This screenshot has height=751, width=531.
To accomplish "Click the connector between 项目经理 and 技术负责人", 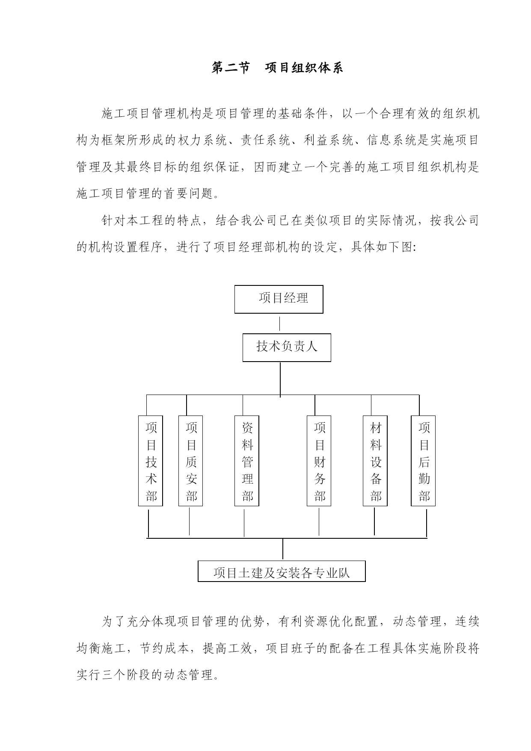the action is (279, 324).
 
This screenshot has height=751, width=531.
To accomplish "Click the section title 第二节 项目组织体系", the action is (277, 68).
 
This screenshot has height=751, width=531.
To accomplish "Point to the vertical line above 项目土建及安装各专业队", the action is (282, 549).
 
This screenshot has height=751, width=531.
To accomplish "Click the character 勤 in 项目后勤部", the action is (424, 479).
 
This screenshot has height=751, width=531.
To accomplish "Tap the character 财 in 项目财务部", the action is (320, 462).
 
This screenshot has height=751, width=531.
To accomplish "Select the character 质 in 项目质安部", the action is (191, 462).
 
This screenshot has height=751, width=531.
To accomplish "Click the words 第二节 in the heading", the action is (230, 68).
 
